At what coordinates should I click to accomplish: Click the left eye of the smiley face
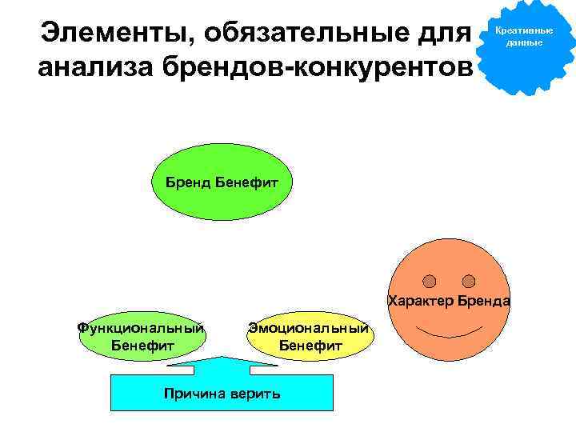point(430,281)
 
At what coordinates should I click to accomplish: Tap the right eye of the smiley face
point(469,281)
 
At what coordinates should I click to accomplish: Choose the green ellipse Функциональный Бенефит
point(142,336)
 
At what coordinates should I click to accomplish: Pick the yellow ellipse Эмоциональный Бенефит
point(310,336)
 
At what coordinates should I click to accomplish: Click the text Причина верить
point(222,394)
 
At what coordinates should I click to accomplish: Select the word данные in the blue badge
point(524,42)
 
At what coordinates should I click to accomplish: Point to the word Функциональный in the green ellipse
point(142,327)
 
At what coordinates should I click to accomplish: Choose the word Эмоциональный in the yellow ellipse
point(310,327)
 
